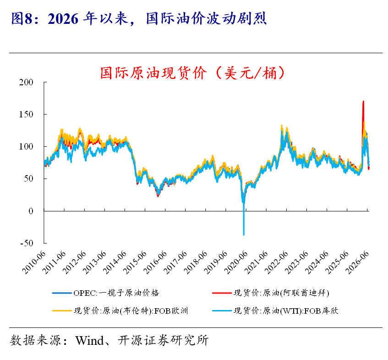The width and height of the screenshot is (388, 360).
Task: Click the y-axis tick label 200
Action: click(26, 82)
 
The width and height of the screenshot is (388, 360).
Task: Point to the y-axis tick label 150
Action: click(26, 115)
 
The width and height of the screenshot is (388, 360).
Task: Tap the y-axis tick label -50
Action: click(27, 244)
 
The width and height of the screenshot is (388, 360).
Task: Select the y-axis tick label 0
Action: click(31, 211)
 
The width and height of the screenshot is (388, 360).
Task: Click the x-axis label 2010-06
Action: click(34, 263)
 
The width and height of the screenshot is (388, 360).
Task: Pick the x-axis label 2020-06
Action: click(236, 263)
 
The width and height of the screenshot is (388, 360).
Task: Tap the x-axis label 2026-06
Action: click(358, 263)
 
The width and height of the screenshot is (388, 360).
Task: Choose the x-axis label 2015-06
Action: click(135, 263)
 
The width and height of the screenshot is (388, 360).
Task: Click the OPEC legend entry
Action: click(106, 293)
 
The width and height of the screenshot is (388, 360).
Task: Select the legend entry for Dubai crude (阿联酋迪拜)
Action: click(271, 293)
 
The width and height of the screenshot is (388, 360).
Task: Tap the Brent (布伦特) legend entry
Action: click(120, 310)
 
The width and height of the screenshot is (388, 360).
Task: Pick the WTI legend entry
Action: click(275, 310)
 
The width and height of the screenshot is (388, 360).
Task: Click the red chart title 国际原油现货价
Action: click(153, 73)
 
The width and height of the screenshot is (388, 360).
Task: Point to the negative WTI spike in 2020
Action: click(244, 223)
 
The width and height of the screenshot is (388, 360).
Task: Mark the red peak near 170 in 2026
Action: click(363, 101)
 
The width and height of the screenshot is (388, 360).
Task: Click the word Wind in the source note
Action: click(90, 340)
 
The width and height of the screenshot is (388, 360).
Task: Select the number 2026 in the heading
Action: click(63, 19)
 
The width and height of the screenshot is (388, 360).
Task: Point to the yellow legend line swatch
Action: click(62, 310)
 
